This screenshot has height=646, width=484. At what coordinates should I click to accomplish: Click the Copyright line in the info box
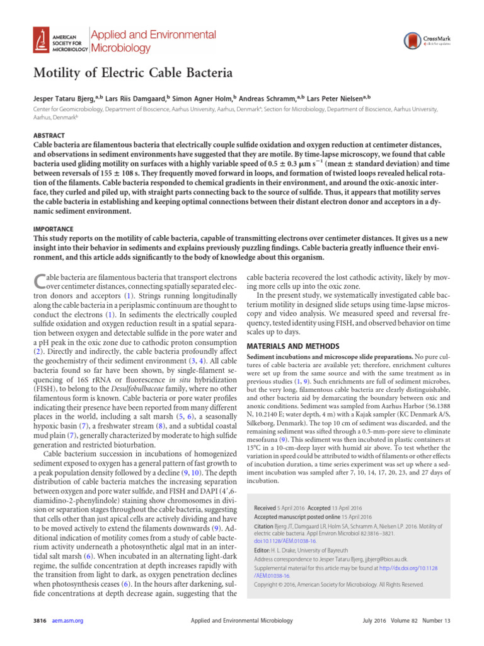(338, 584)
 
